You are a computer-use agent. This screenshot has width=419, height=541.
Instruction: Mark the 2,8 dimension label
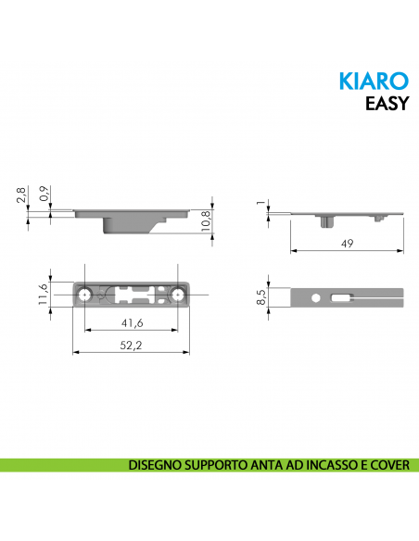pyautogui.click(x=21, y=195)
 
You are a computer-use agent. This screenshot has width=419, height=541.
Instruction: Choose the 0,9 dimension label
pyautogui.click(x=44, y=195)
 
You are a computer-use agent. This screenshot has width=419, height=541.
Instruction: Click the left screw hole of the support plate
pyautogui.click(x=85, y=294)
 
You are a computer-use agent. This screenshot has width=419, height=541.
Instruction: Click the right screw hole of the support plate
pyautogui.click(x=178, y=294)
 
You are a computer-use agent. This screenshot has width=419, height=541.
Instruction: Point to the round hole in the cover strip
pyautogui.click(x=317, y=297)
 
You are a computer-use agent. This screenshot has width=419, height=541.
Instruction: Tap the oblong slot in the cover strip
pyautogui.click(x=342, y=297)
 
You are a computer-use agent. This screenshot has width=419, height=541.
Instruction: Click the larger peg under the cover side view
pyautogui.click(x=328, y=220)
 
